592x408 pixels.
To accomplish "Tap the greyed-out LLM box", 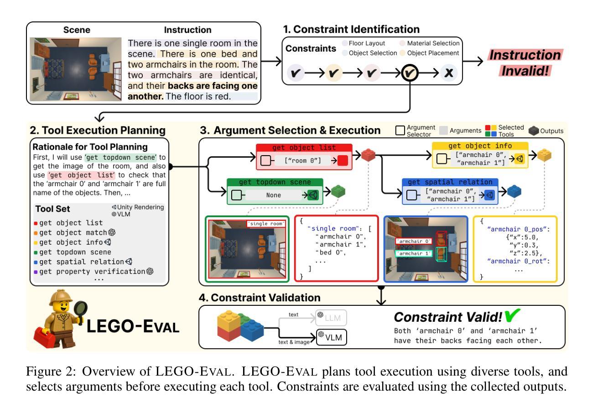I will coord(331,317).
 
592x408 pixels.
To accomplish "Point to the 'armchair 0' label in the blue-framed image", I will coord(413,241).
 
